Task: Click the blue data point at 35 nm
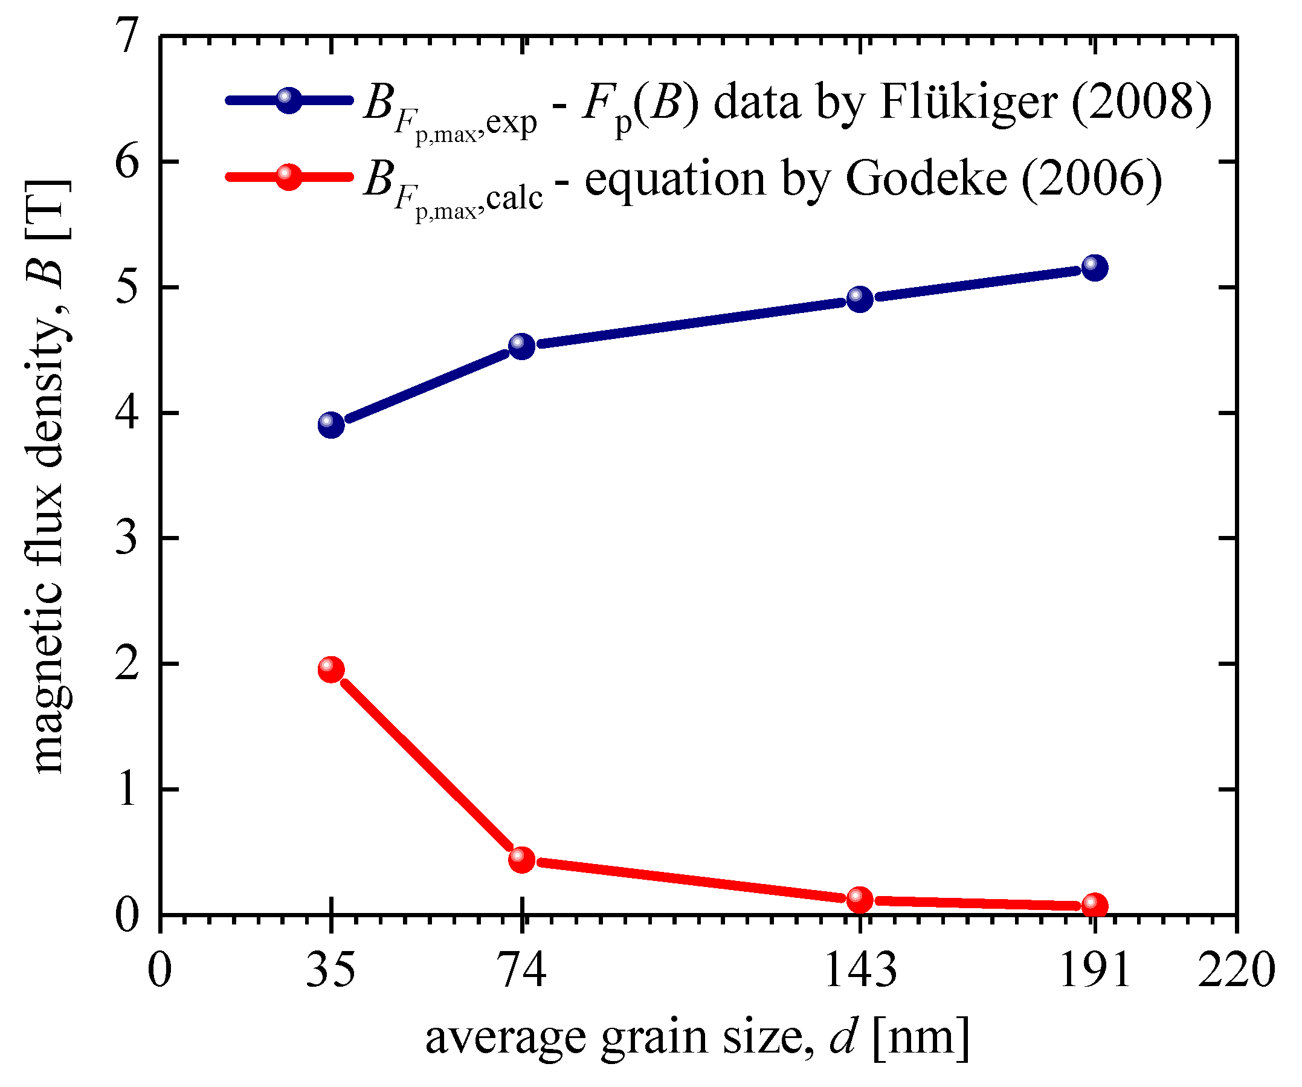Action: click(x=331, y=425)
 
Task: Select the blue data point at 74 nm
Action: click(x=522, y=346)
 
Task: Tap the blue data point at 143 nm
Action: click(x=860, y=300)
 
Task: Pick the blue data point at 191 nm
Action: click(x=1095, y=268)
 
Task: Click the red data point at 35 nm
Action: click(x=331, y=669)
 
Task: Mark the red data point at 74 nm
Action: click(x=522, y=859)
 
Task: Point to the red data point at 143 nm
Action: click(x=860, y=899)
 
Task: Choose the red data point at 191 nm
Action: click(x=1095, y=906)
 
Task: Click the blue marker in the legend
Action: click(x=288, y=100)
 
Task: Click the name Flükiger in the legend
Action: click(x=968, y=103)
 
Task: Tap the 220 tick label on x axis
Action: click(x=1236, y=971)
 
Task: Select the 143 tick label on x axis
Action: click(x=860, y=971)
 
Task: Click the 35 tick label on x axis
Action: click(x=331, y=971)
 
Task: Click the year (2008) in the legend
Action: click(x=1141, y=103)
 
